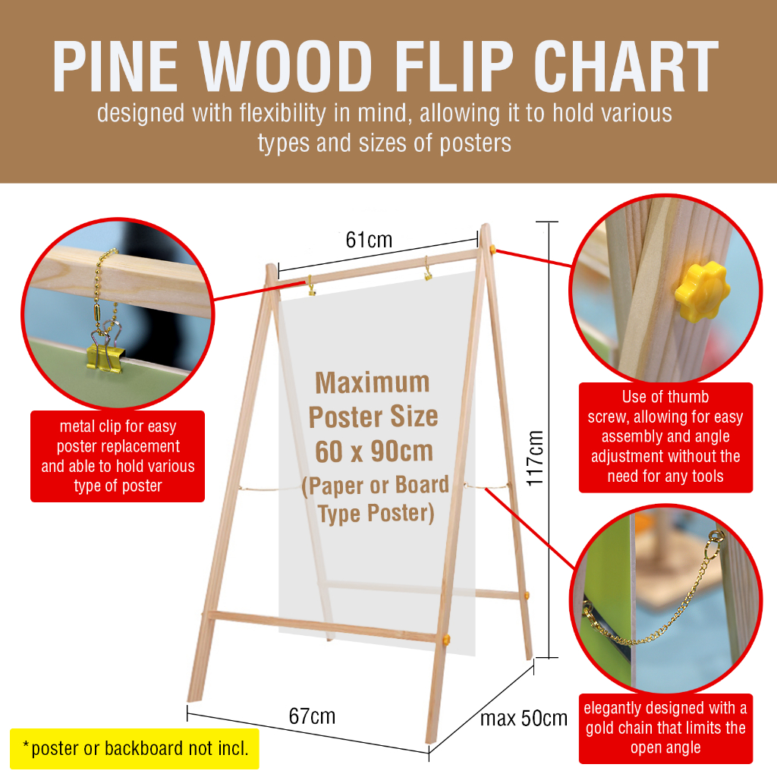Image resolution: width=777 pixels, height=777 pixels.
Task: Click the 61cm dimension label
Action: (x=369, y=240)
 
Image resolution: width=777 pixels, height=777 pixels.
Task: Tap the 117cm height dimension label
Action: (x=535, y=458)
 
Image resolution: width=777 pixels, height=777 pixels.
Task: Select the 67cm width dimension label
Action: (x=312, y=716)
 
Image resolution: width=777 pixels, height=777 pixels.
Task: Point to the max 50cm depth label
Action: (x=524, y=718)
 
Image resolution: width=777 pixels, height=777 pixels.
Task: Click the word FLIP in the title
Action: (x=454, y=67)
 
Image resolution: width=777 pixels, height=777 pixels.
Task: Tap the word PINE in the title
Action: (x=115, y=67)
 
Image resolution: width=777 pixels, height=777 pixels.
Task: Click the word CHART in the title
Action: (x=626, y=67)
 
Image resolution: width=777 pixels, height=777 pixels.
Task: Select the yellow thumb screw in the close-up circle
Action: (x=701, y=291)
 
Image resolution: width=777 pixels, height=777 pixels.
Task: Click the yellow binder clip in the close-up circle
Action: (x=105, y=355)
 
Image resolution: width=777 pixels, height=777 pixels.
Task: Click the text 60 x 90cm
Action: (x=374, y=451)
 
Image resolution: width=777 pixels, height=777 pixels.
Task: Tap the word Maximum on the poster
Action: (x=372, y=383)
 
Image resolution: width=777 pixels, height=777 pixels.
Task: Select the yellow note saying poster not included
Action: (x=135, y=748)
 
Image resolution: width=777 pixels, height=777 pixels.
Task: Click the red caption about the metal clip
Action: (x=118, y=456)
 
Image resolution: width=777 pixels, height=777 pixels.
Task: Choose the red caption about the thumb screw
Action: (x=665, y=437)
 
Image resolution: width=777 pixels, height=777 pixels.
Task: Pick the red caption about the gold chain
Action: (x=665, y=728)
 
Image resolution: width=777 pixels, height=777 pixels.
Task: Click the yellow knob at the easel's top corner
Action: (x=493, y=249)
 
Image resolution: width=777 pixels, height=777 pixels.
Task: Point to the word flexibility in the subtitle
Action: (x=282, y=114)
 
